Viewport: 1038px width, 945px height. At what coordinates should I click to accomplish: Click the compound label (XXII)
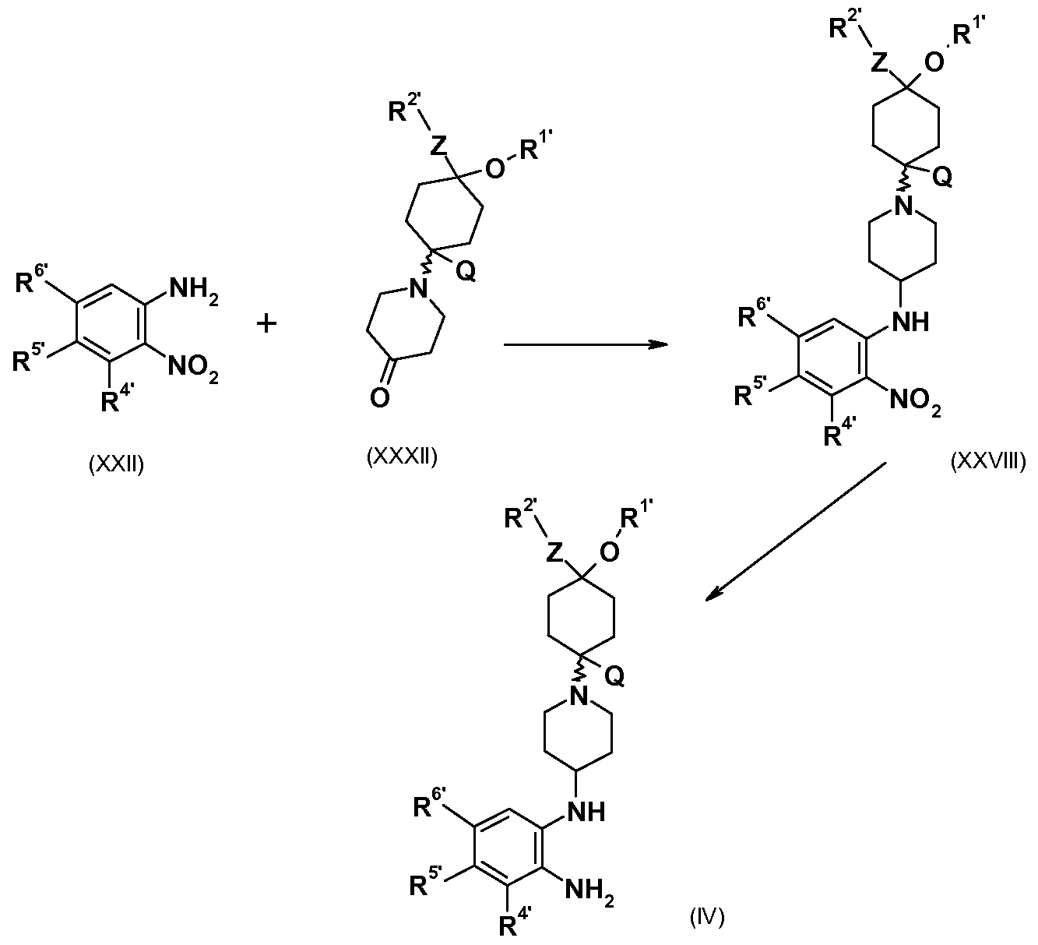(117, 464)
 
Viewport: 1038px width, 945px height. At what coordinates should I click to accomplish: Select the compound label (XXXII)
(402, 457)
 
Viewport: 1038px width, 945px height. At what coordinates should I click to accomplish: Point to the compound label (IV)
(707, 916)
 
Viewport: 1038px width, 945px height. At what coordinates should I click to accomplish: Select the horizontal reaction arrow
(586, 344)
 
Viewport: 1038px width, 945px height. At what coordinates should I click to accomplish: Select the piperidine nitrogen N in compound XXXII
(419, 288)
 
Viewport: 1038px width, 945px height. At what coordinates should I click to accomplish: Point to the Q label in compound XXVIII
(941, 178)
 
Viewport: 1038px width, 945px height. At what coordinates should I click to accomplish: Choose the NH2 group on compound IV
(589, 890)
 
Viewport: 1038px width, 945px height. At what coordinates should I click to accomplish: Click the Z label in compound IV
(554, 554)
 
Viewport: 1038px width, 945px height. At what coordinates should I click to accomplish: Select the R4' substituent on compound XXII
(118, 400)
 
